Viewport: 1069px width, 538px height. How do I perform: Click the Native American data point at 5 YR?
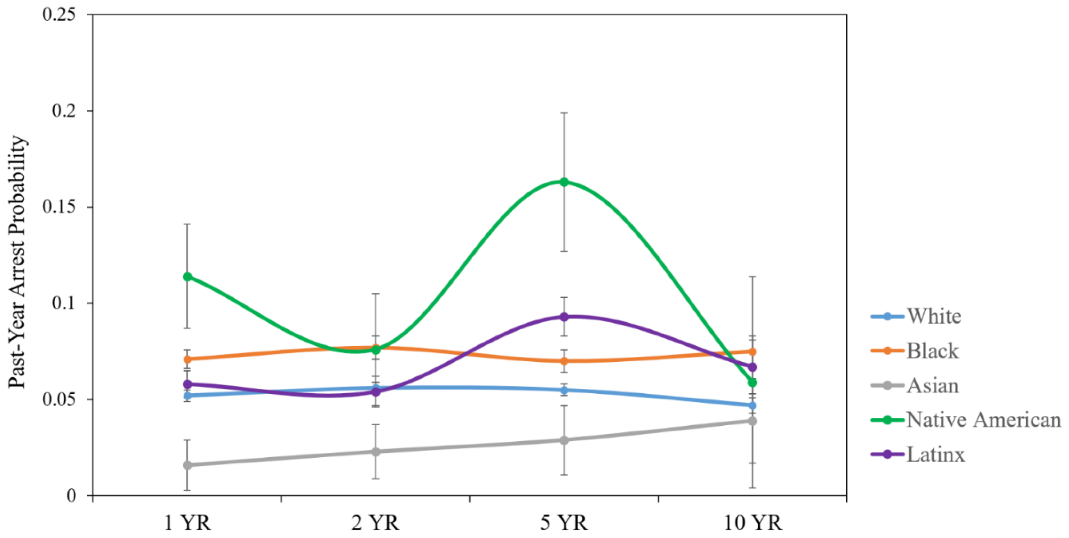(x=564, y=182)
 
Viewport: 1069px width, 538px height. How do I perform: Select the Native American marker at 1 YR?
(x=187, y=277)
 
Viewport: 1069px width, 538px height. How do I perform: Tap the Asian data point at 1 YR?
(x=187, y=465)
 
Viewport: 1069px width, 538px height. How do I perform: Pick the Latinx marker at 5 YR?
(x=564, y=317)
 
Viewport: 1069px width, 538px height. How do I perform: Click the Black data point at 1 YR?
(x=187, y=359)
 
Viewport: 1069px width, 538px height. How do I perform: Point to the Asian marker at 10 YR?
(x=752, y=421)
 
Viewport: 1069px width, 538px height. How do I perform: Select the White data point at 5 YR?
(x=564, y=390)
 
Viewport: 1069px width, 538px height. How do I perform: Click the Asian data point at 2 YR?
(x=376, y=451)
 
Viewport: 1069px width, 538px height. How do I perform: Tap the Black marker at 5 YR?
(x=564, y=361)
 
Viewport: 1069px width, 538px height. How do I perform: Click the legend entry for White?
(x=934, y=316)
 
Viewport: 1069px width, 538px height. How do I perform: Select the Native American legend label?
(x=983, y=420)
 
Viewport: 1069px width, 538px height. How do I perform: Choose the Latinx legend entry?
(x=936, y=454)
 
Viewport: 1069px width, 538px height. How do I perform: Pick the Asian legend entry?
(x=932, y=386)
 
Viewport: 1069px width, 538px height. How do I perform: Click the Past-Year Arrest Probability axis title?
(x=18, y=261)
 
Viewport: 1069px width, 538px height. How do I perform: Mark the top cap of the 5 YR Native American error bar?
(x=564, y=113)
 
